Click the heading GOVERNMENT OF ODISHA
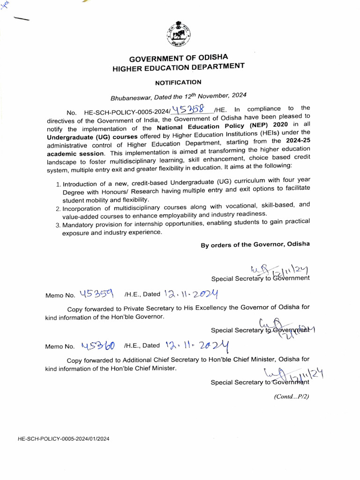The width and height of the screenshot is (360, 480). [x=179, y=58]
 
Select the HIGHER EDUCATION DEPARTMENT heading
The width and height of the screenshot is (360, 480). [x=179, y=67]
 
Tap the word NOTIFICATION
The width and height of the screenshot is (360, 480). [x=178, y=82]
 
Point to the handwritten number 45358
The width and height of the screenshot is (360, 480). [x=190, y=110]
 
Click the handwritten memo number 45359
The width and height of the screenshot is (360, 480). [x=97, y=293]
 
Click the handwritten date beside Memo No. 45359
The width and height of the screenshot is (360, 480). [x=191, y=294]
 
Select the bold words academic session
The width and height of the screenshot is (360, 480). [x=75, y=154]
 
